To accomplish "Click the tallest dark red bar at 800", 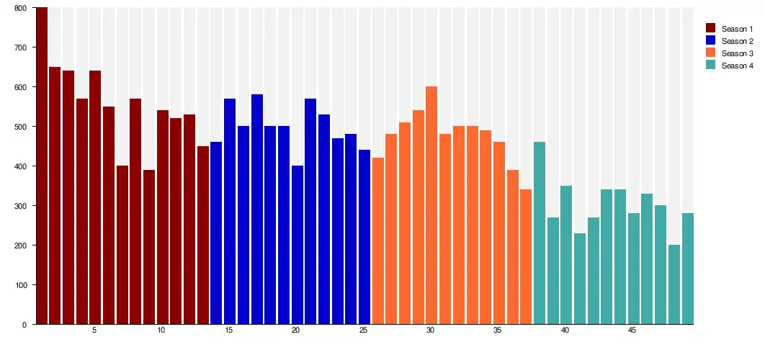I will click(x=41, y=166).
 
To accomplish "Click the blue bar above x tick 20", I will click(x=297, y=245).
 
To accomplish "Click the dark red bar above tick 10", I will click(x=162, y=217).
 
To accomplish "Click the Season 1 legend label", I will click(x=737, y=29).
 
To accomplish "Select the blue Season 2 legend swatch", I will click(x=711, y=41).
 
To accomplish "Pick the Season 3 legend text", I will click(x=737, y=53).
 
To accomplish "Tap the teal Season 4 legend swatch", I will click(x=711, y=66).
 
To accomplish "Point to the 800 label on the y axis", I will click(x=19, y=8).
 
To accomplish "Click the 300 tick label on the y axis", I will click(x=19, y=206).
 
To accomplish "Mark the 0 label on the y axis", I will click(x=24, y=325).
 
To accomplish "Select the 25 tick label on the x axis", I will click(x=364, y=330).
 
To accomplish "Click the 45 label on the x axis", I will click(x=632, y=330).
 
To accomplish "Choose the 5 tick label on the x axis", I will click(x=94, y=330).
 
